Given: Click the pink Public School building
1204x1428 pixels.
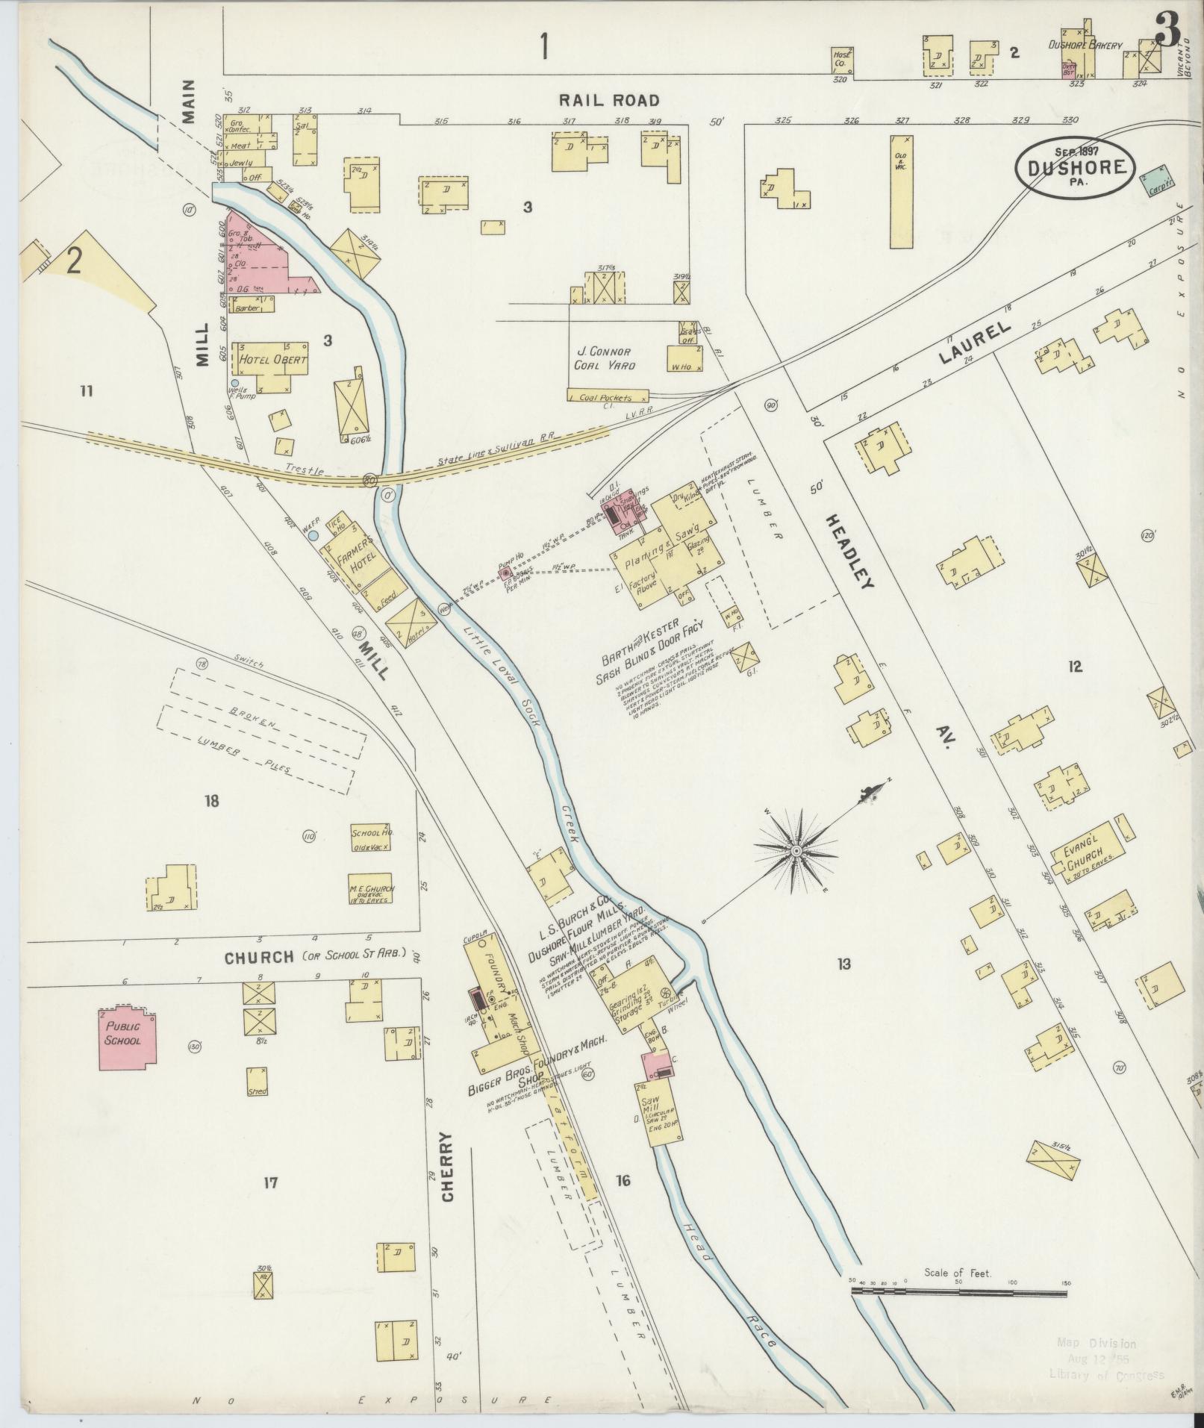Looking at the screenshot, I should [x=128, y=1036].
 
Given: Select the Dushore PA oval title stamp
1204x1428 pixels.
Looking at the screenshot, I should [x=1076, y=169].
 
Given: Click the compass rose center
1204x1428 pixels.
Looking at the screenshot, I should [x=797, y=850].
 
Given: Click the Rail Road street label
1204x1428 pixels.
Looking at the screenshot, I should [x=610, y=100].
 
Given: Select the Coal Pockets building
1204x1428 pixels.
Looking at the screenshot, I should [x=605, y=397].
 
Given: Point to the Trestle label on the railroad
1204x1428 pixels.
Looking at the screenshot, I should [x=308, y=470].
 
